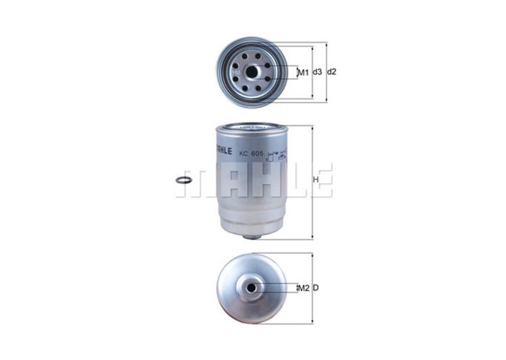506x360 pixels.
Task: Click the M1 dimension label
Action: click(302, 72)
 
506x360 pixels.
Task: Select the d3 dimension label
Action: click(318, 72)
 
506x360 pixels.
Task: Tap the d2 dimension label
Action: click(331, 72)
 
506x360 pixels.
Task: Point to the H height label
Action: click(316, 180)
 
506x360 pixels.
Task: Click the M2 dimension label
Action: click(304, 288)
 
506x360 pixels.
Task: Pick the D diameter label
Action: click(316, 288)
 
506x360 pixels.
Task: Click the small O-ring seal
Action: click(183, 179)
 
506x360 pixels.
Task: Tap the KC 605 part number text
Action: click(251, 154)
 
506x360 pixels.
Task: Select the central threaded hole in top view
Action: click(252, 72)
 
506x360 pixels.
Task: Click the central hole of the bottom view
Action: click(251, 288)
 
